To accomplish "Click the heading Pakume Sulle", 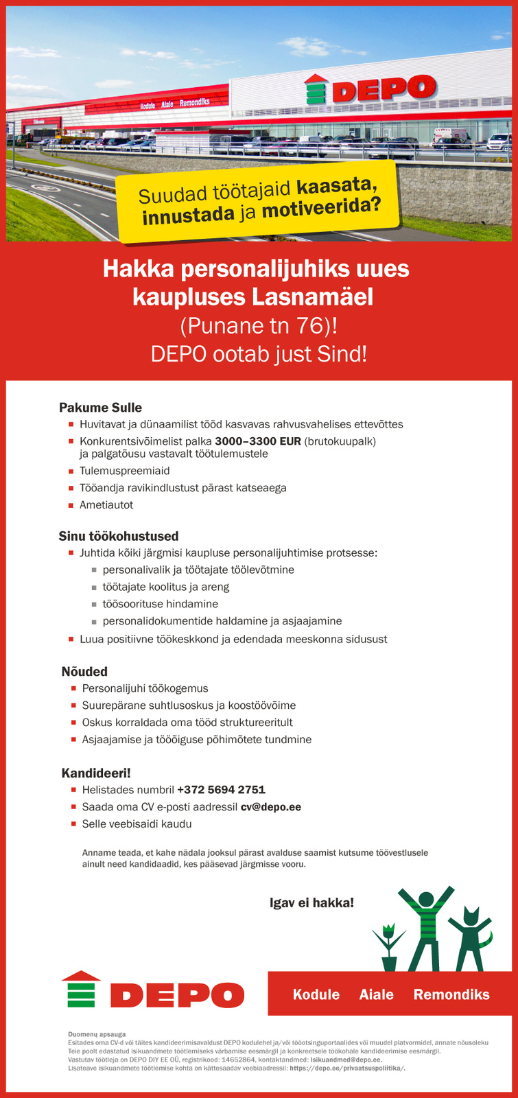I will point(100,408).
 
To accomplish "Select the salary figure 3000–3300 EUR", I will point(258,441).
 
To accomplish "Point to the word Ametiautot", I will point(106,505).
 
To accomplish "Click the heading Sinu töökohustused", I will point(119,536).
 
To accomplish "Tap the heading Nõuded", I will point(84,671).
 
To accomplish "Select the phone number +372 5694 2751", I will point(221,790).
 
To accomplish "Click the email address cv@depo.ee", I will point(270,807).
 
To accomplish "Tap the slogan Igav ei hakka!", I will point(312,902).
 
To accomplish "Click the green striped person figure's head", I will point(426,900).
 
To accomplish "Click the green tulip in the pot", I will point(388,947).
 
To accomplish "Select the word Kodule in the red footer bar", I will point(316,994).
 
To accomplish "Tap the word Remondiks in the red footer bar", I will point(451,994).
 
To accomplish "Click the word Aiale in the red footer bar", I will point(377,994).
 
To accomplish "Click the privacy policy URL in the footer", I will point(347,1068).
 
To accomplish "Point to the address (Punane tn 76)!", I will point(259,325).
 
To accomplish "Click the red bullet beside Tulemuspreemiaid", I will point(71,471).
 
